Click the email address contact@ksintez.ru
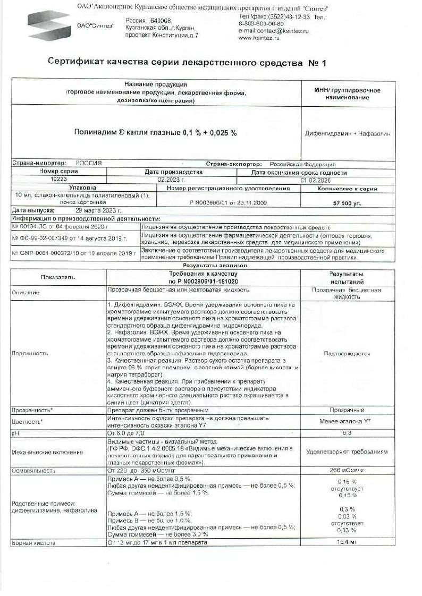tap(273, 31)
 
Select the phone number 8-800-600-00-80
tap(261, 24)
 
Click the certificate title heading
tap(187, 63)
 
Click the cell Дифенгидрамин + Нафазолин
tap(348, 134)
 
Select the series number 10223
tap(58, 180)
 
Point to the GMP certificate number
tap(73, 254)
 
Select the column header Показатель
tap(57, 277)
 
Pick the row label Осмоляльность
tap(33, 470)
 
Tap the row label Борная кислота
tap(33, 543)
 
